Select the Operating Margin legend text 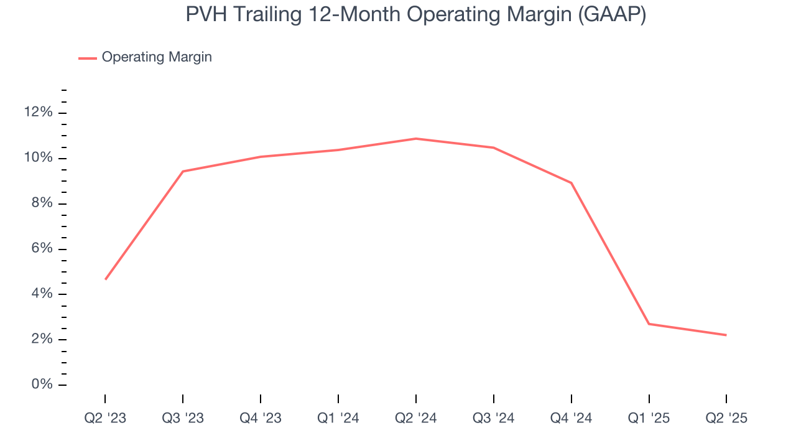(x=157, y=57)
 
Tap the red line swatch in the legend (x=87, y=58)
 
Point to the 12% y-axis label (x=38, y=113)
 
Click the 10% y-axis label (x=38, y=158)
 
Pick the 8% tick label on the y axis (x=41, y=203)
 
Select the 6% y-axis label (x=41, y=249)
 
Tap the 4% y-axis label (x=41, y=294)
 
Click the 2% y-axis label (x=41, y=339)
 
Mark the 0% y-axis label (x=41, y=385)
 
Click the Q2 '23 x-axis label (x=105, y=418)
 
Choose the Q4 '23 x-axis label (x=261, y=418)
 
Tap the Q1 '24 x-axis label (x=338, y=418)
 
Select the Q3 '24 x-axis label (x=493, y=418)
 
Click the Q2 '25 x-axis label (x=726, y=418)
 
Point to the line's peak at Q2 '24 (x=415, y=139)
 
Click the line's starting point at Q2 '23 (x=105, y=279)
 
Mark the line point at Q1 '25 (x=649, y=324)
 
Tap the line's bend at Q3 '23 (x=183, y=171)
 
